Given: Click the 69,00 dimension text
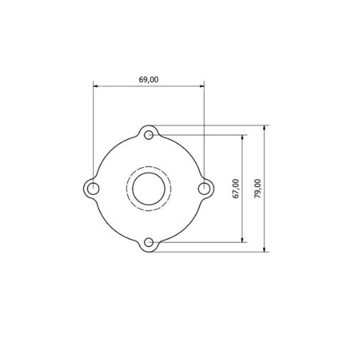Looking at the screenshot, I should tap(148, 80).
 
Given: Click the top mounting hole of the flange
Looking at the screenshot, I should tap(149, 134).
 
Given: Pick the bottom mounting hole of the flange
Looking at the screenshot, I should tap(149, 243).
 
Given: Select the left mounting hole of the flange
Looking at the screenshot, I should tap(93, 188).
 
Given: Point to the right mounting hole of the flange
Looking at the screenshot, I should tap(204, 188).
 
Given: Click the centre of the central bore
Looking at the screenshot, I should tap(148, 188).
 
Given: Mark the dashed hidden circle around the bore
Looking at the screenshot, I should tap(129, 188).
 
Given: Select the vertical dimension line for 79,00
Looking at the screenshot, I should tap(265, 213).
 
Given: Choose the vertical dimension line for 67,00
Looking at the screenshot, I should tap(244, 213).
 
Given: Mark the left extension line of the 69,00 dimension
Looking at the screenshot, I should tap(93, 128).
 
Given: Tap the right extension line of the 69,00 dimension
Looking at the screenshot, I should tap(204, 128).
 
